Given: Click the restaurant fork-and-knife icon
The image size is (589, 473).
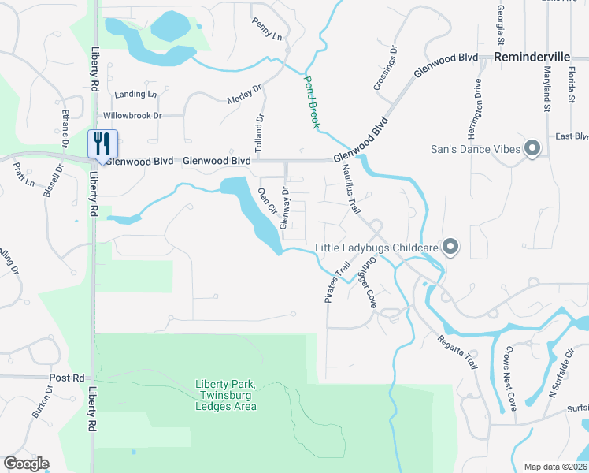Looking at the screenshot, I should click(102, 143).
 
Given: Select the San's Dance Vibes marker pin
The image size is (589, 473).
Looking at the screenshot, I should click(533, 147).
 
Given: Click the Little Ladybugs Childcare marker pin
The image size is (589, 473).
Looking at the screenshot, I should click(450, 248).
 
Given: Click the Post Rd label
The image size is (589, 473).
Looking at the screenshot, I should click(66, 378).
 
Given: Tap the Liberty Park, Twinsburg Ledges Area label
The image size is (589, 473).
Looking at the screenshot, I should click(226, 396).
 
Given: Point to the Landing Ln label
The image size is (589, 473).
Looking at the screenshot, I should click(135, 95).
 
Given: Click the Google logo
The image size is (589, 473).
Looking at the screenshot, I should click(26, 464).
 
